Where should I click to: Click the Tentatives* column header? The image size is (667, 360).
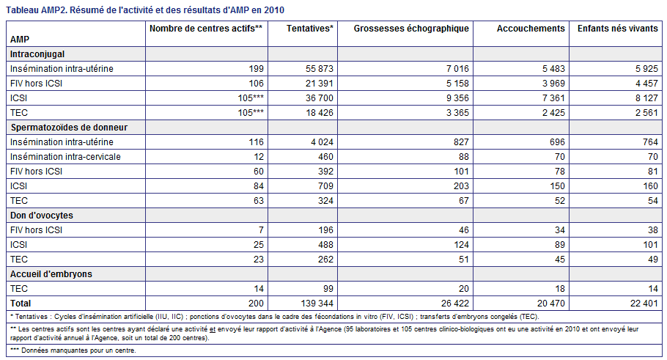tap(309, 29)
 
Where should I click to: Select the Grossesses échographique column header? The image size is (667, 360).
tap(411, 29)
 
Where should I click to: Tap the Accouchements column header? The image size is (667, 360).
tap(531, 29)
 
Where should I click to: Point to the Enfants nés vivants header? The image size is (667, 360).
tap(618, 29)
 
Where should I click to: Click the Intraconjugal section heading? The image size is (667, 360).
tap(37, 54)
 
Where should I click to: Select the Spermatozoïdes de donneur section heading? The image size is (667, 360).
tap(69, 128)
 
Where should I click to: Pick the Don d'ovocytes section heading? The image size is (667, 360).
tap(42, 216)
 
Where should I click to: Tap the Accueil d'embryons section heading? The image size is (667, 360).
tap(51, 274)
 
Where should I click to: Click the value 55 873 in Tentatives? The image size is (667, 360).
tap(320, 68)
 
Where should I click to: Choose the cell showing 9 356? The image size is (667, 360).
tap(457, 98)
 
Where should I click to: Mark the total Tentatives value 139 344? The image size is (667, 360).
tap(317, 304)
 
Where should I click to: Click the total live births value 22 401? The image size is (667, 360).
tap(644, 304)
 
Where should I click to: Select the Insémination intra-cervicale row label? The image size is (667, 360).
tap(65, 157)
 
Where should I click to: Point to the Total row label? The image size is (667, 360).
tap(21, 304)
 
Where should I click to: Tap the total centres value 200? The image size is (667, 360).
tap(256, 304)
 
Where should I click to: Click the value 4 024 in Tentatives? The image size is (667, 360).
tap(322, 142)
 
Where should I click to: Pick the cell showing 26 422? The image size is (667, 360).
tap(455, 304)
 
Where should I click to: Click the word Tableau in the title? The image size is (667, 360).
tap(22, 10)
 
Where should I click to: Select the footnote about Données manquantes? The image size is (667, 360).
tap(73, 350)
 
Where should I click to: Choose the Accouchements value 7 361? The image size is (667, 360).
tap(553, 98)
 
